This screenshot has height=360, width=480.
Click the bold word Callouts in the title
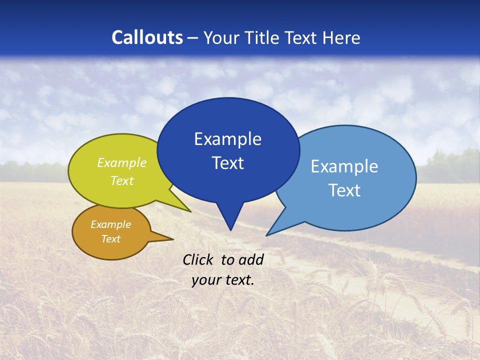tap(147, 37)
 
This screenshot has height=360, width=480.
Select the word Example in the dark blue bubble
tap(227, 139)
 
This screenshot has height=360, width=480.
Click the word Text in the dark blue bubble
tap(227, 163)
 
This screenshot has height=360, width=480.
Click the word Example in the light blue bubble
tap(344, 166)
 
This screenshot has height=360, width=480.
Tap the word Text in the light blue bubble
tap(344, 190)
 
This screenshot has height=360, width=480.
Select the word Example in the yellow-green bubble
tap(122, 163)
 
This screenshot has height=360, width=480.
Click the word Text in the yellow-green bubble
tap(122, 181)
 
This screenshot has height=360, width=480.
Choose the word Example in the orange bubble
tap(110, 224)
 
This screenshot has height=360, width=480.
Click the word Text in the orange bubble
tap(110, 239)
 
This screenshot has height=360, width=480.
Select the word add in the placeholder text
tap(251, 259)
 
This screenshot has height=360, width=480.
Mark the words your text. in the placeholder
tap(223, 280)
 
